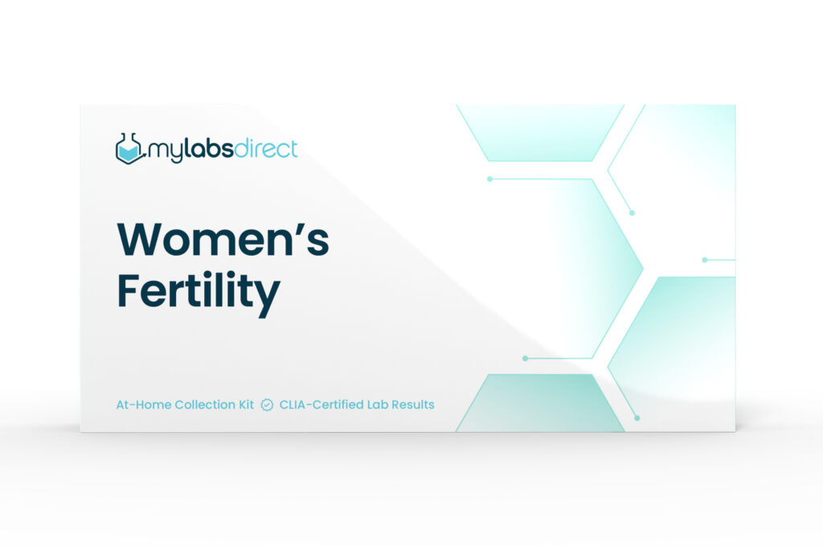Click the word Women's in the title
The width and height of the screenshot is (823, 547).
tap(223, 240)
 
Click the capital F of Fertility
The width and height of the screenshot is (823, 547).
tap(129, 290)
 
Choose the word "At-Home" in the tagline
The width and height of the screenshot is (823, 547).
tap(143, 405)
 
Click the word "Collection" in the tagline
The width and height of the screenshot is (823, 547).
tap(205, 405)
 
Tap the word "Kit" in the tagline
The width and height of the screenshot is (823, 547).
tap(246, 405)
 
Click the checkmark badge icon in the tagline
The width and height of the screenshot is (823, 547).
tap(267, 405)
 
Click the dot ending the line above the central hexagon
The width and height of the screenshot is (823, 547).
tap(489, 179)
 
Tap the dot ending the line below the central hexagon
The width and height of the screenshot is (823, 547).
tap(526, 358)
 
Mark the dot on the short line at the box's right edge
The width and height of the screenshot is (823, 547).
tap(705, 260)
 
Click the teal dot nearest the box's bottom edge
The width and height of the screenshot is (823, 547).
tap(637, 418)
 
